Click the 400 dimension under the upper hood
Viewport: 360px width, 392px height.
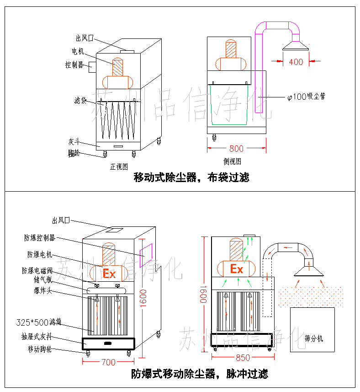296,61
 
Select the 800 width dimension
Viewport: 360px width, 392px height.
236,148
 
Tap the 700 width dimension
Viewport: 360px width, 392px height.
108,362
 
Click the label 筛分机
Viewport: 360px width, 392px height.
313,338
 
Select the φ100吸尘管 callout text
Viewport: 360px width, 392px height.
306,97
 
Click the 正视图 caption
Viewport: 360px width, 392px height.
119,166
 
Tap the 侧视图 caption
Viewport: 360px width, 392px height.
233,161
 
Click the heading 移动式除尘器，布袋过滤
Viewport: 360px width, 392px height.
191,177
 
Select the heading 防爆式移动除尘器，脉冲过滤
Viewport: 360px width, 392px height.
200,374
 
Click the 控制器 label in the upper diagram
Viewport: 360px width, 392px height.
74,65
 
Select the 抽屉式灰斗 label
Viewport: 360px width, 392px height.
40,337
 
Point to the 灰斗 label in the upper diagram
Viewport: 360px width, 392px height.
74,142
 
